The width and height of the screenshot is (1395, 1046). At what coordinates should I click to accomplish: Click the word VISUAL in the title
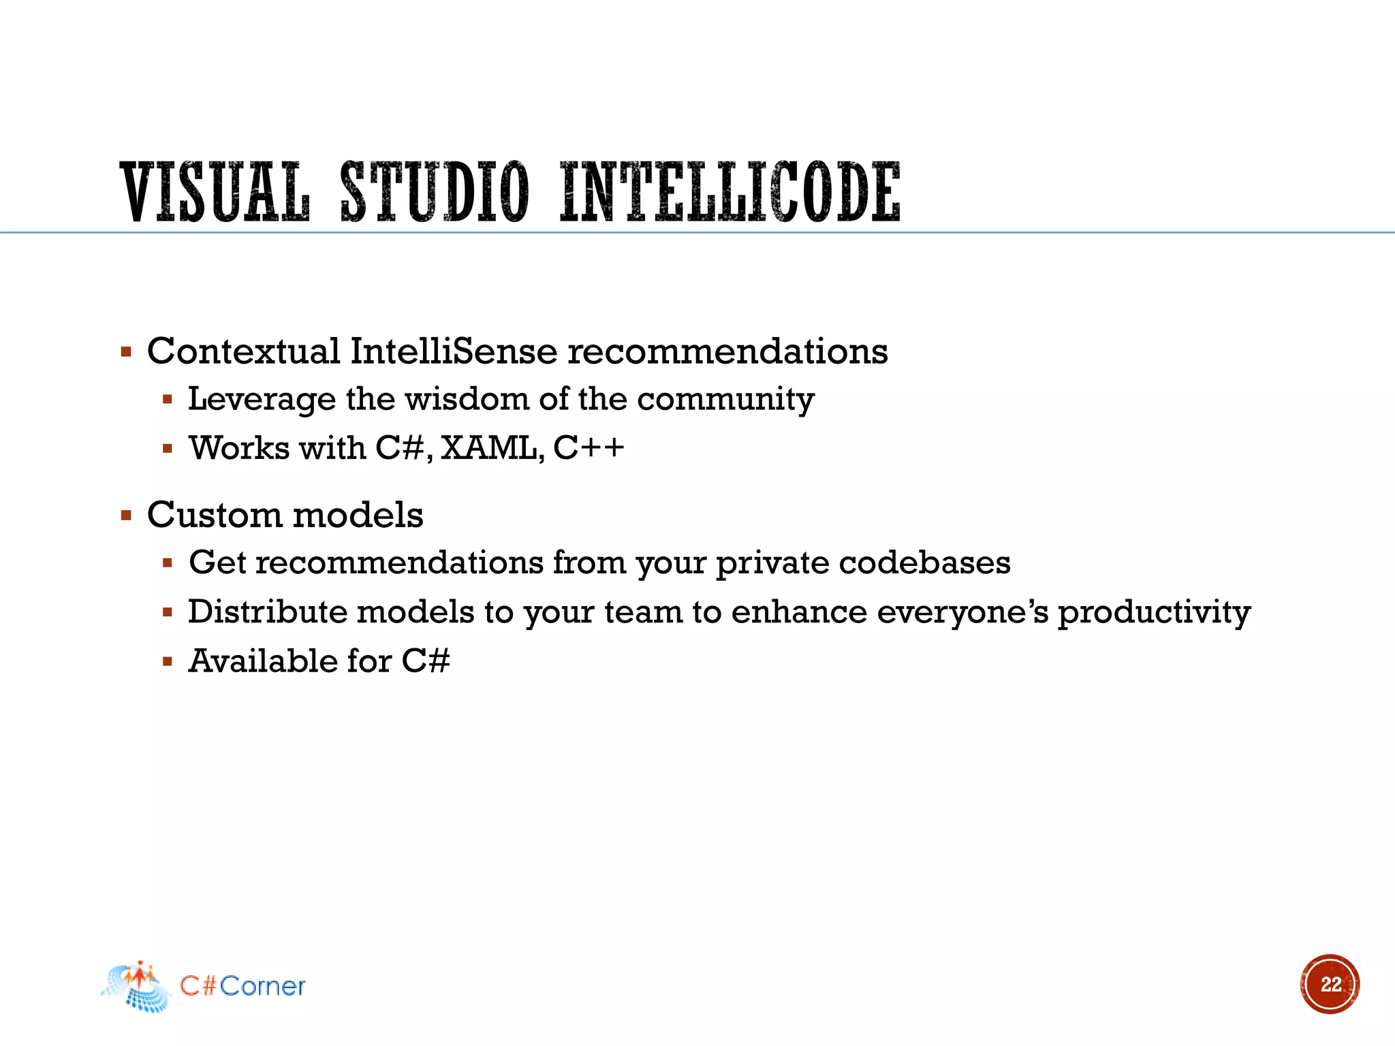click(215, 192)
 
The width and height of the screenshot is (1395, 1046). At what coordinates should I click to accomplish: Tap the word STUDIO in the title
click(434, 192)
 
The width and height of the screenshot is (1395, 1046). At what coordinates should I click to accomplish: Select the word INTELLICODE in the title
click(730, 192)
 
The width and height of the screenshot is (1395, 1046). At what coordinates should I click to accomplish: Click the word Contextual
click(243, 351)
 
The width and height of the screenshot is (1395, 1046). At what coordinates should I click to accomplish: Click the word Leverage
click(262, 400)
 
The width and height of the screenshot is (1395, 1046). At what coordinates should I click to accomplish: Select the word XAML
click(492, 448)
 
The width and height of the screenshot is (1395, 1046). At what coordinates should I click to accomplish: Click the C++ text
click(589, 448)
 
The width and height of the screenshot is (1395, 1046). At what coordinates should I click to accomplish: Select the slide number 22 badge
click(1330, 984)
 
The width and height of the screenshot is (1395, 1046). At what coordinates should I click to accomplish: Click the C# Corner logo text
click(242, 986)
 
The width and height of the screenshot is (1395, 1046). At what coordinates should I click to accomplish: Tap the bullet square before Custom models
click(126, 516)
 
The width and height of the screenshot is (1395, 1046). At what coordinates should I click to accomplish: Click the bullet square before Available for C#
click(168, 661)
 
